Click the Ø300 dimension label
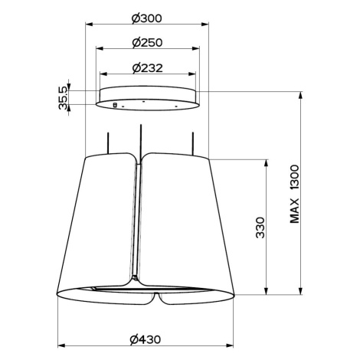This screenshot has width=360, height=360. [147, 18]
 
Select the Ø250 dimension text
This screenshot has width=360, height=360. [147, 42]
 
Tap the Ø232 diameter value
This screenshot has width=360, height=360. [148, 68]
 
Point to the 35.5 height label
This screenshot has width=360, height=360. [63, 98]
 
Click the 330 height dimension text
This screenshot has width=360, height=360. [260, 227]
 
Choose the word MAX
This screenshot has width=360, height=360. [294, 211]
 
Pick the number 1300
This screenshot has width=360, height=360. [294, 177]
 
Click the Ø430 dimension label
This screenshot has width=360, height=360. [146, 339]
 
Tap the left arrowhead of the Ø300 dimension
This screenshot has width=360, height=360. [89, 25]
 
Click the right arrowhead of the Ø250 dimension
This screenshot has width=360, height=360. [195, 48]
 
